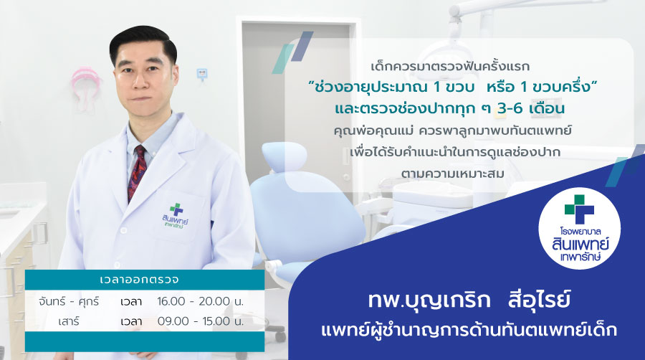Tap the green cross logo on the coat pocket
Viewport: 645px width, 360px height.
coord(176,209)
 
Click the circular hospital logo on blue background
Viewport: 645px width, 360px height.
coord(579,228)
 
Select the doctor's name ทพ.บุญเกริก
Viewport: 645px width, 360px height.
coord(429,300)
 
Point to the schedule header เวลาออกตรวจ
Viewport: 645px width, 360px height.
coord(140,280)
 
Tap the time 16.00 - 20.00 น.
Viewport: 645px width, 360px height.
coord(201,302)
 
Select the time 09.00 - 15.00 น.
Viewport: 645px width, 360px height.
coord(201,321)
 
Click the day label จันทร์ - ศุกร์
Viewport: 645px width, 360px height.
coord(69,302)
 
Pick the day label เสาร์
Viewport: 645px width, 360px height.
coord(69,321)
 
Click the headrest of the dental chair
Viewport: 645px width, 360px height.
coord(285,156)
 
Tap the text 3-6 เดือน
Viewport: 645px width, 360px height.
coord(530,108)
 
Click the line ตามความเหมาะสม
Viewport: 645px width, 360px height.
coord(452,174)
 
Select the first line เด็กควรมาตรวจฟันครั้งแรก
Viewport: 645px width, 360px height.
coord(450,66)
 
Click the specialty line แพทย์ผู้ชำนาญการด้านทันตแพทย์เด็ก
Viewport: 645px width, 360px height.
coord(469,331)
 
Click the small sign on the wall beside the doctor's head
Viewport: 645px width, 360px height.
coord(202,74)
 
